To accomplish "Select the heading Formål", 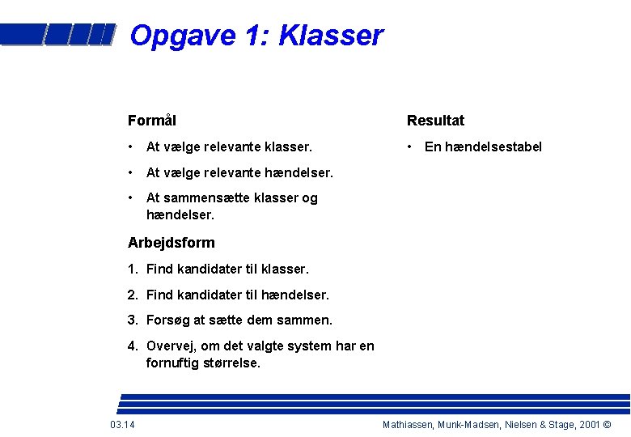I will point(152,121).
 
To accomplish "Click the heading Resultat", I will point(435,121).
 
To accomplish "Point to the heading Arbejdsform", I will point(172,243).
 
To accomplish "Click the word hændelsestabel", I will point(493,146).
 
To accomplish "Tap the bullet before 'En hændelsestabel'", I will point(412,146).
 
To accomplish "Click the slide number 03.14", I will point(122,425).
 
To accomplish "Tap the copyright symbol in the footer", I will point(607,425).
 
